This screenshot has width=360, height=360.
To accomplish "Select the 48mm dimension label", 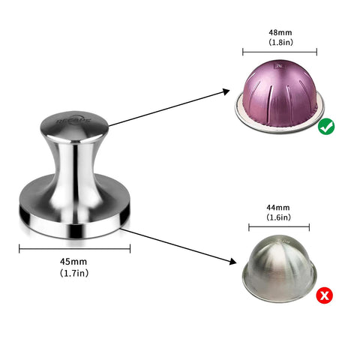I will [279, 34].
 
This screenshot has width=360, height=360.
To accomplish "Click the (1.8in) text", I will [279, 44].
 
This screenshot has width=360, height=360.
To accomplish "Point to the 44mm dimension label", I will [278, 206].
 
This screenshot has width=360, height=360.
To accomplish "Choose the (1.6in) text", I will [278, 217].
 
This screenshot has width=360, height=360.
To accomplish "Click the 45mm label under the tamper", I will [74, 262].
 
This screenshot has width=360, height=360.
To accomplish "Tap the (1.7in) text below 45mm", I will [74, 273].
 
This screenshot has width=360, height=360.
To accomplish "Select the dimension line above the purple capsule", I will [280, 53].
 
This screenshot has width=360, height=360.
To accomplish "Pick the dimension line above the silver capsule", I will [278, 227].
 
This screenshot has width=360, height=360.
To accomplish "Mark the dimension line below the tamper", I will [74, 248].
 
